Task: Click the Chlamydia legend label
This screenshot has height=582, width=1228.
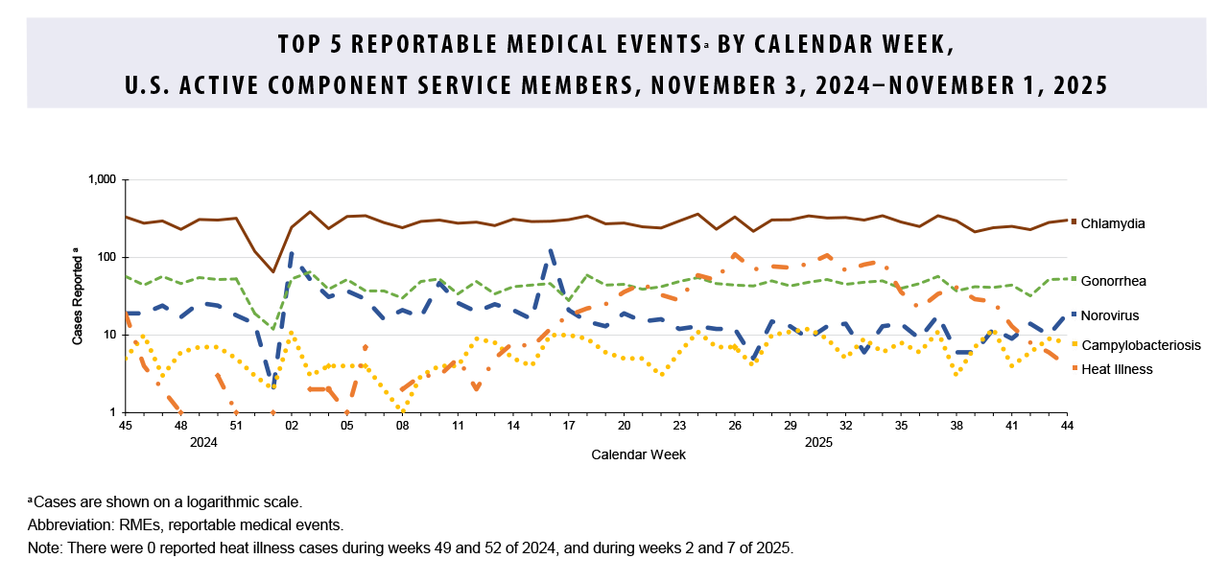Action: pos(1113,223)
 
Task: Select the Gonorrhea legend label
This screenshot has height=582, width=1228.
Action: pos(1113,281)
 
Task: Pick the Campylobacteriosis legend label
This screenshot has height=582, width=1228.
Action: pos(1140,345)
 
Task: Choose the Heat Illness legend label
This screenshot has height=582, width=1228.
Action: pos(1116,369)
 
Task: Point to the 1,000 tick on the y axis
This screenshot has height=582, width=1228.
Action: pos(100,180)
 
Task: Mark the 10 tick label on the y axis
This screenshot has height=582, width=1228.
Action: pos(107,336)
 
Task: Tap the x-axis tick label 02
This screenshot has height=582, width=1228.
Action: pos(292,425)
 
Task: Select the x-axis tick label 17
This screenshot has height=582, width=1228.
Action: pos(569,425)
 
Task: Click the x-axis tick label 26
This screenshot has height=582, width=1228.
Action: pos(736,425)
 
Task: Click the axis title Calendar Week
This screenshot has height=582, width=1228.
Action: pos(638,454)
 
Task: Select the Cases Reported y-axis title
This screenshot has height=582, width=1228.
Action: pos(77,296)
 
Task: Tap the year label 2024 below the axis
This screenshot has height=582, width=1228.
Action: pos(203,442)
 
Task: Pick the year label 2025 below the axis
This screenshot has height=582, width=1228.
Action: pos(818,442)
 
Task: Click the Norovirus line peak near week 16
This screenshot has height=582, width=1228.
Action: pos(551,251)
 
